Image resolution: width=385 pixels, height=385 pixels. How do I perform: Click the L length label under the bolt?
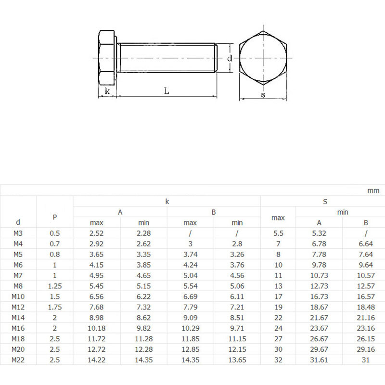[x=166, y=90]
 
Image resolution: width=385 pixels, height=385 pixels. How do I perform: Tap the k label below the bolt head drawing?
[x=107, y=90]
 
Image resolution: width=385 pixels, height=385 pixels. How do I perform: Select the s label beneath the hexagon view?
[x=263, y=95]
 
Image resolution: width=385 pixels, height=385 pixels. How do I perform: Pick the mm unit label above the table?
[x=373, y=191]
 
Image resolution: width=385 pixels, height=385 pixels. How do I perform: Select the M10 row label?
[x=18, y=296]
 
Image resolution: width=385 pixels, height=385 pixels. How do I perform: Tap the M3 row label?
[x=18, y=233]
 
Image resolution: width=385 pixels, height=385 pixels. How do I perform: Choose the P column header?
[x=55, y=217]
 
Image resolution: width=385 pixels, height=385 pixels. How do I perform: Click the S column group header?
[x=325, y=202]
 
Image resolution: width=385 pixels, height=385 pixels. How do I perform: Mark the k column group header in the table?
[x=167, y=202]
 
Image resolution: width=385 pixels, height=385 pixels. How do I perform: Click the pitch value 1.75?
[x=55, y=307]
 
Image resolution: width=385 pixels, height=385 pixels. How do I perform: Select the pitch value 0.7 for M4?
[x=55, y=244]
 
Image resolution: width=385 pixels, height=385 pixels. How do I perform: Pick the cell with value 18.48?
[x=366, y=307]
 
